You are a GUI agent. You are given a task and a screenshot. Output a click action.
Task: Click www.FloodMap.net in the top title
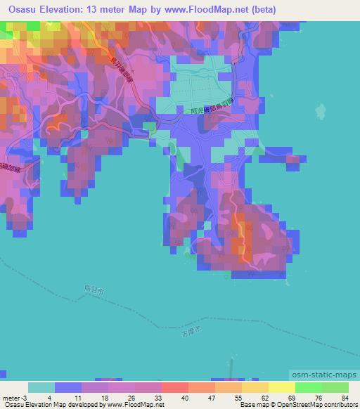209,10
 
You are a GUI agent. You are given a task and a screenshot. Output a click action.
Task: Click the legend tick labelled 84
345,397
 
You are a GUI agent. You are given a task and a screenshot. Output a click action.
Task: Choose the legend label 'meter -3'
15,397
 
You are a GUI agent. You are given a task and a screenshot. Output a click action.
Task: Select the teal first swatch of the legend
41,387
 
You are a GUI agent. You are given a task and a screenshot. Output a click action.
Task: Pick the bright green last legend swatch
335,387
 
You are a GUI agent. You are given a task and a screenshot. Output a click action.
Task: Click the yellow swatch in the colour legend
281,387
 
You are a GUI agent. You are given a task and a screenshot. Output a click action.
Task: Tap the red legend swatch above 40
174,387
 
